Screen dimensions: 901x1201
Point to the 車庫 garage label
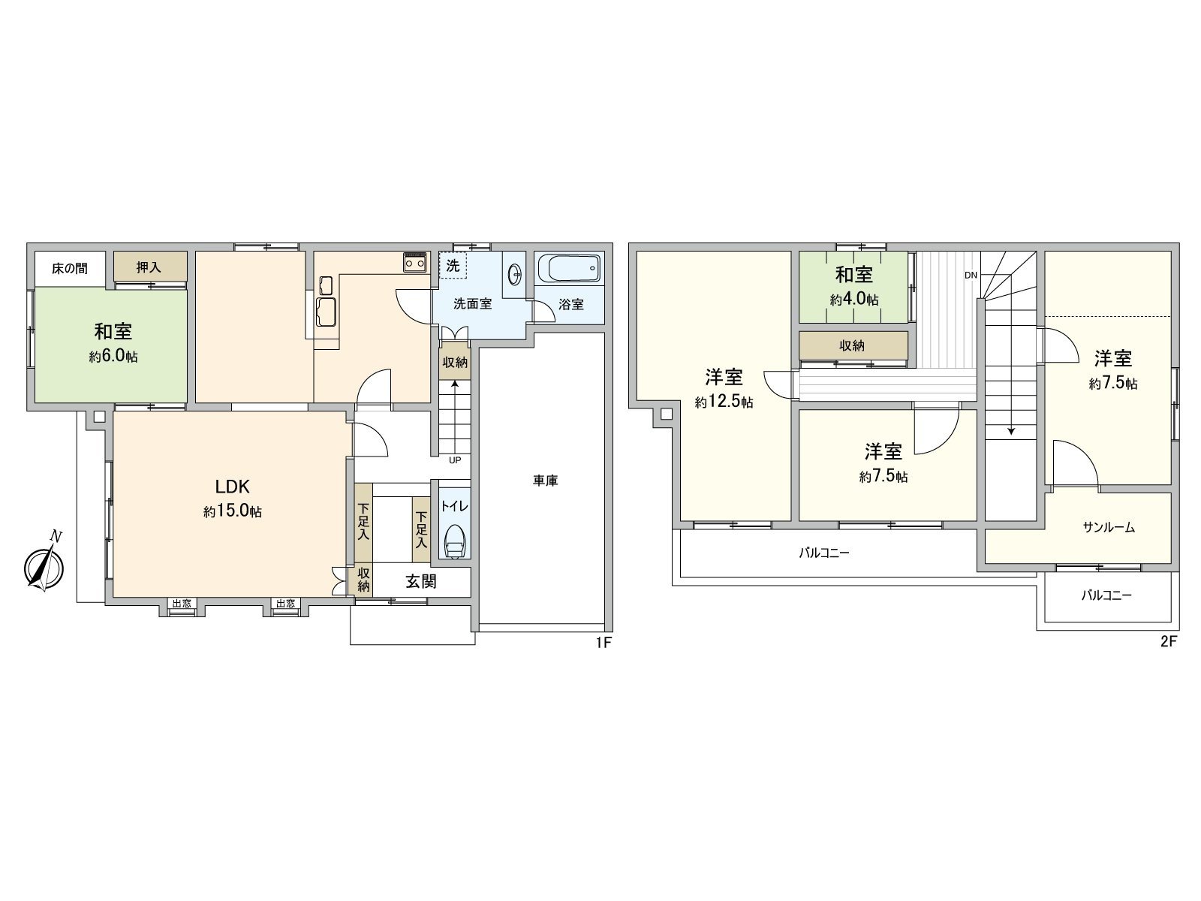[x=546, y=481]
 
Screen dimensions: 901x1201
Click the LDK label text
[x=233, y=485]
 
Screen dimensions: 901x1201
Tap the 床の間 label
[x=70, y=268]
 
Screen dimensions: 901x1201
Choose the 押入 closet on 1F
[x=149, y=267]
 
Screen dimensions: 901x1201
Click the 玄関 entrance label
[x=421, y=581]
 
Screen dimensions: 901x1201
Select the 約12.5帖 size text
[x=724, y=402]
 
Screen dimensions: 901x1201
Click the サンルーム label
[x=1109, y=528]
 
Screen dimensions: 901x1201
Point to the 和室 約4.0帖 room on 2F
[x=854, y=287]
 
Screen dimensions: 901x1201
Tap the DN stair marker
[x=971, y=275]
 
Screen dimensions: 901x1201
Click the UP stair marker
[x=454, y=460]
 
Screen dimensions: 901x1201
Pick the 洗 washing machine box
[x=453, y=265]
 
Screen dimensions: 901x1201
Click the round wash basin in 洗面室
[x=516, y=275]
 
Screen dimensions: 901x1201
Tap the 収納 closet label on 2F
[x=852, y=345]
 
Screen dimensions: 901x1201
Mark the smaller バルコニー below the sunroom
[x=1106, y=595]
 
